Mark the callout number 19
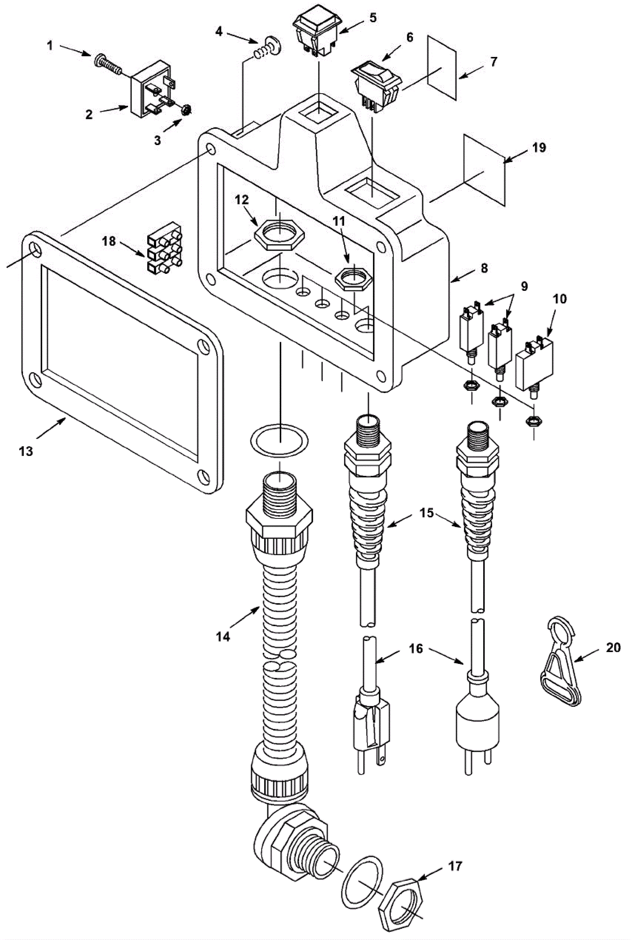pyautogui.click(x=539, y=147)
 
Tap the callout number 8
pyautogui.click(x=485, y=267)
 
